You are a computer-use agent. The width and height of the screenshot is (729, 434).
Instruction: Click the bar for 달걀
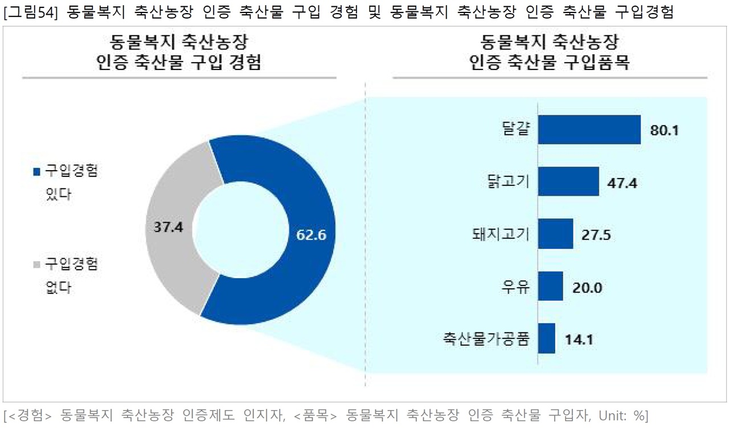pyautogui.click(x=589, y=129)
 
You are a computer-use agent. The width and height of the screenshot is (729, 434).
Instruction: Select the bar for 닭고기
pyautogui.click(x=568, y=181)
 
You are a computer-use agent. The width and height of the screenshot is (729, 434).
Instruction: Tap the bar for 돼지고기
pyautogui.click(x=555, y=234)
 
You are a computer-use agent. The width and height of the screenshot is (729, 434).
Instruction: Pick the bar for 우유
pyautogui.click(x=550, y=286)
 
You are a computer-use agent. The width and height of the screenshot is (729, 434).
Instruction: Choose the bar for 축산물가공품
pyautogui.click(x=546, y=338)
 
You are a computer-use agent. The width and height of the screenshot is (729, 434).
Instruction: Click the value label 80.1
pyautogui.click(x=665, y=130)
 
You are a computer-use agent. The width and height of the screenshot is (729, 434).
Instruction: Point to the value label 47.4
pyautogui.click(x=622, y=183)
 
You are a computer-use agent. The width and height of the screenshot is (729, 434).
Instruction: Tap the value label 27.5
pyautogui.click(x=596, y=235)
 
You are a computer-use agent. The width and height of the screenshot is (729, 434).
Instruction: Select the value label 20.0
pyautogui.click(x=587, y=288)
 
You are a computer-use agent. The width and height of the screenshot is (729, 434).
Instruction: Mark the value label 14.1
pyautogui.click(x=579, y=340)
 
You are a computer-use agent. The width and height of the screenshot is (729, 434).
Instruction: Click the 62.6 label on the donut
pyautogui.click(x=311, y=235)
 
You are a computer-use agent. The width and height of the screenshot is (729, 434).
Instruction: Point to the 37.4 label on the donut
pyautogui.click(x=169, y=227)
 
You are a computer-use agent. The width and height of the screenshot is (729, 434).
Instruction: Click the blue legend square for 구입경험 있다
pyautogui.click(x=37, y=172)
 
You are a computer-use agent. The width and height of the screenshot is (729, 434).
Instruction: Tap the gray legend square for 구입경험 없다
pyautogui.click(x=37, y=264)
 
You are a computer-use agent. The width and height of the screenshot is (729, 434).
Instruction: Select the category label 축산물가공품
pyautogui.click(x=486, y=338)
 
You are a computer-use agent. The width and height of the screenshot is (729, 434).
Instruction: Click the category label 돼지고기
pyautogui.click(x=501, y=234)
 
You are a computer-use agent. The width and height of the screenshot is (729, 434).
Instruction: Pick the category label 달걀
pyautogui.click(x=516, y=129)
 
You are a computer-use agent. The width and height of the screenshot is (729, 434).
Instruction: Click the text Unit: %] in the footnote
pyautogui.click(x=623, y=415)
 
